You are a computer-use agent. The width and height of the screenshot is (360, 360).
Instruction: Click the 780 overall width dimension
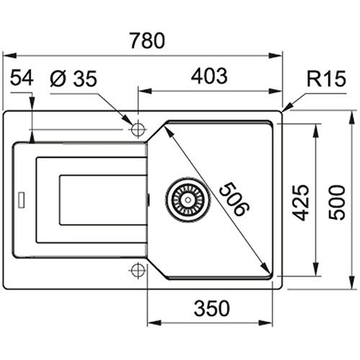coord(147,41)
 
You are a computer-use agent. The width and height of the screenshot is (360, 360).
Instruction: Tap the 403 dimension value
coord(209,76)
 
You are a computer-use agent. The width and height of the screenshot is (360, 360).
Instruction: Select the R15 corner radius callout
coord(326,78)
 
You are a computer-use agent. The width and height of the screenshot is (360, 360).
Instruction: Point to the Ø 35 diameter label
coord(73,78)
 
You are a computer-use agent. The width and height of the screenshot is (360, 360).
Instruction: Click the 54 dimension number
coord(22,77)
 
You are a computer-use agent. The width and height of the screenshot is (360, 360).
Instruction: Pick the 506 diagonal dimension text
coord(235,199)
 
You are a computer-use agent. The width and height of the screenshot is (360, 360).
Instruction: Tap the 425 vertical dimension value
coord(301,202)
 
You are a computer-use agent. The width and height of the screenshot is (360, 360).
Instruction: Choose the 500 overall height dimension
coord(336,202)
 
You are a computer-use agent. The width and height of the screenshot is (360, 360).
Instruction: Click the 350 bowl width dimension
coord(212,308)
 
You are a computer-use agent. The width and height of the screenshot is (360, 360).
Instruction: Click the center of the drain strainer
coord(188,199)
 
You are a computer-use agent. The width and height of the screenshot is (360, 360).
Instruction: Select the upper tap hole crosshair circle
coord(138,130)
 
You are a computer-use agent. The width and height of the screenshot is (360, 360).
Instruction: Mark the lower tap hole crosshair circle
coord(138,270)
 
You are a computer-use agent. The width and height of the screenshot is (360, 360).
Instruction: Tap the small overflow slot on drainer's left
coord(22,200)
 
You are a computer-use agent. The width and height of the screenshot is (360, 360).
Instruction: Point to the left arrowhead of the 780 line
coord(10,55)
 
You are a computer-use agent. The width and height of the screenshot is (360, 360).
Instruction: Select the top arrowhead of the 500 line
coord(352,117)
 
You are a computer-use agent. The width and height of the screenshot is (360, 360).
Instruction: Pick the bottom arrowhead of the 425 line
coord(316,269)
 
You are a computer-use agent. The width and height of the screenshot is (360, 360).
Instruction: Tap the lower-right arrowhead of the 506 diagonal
coord(266,267)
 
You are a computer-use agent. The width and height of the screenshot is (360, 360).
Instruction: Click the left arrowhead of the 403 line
coord(145,91)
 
